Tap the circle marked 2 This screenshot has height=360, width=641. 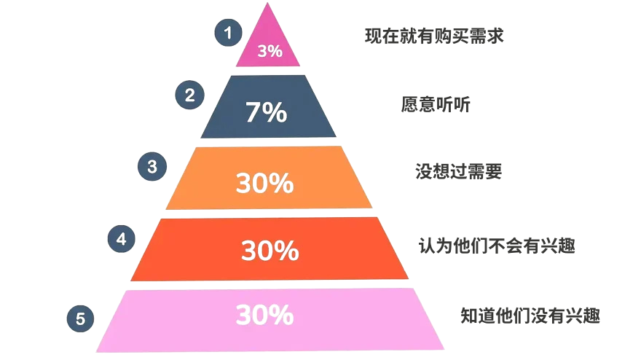190,95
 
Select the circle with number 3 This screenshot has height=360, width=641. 152,166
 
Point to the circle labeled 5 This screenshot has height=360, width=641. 80,318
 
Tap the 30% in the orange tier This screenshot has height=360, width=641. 264,184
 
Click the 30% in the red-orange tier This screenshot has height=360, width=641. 270,251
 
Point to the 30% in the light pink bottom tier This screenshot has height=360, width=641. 264,315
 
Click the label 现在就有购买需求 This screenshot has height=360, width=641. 434,35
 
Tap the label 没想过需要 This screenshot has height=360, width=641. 458,172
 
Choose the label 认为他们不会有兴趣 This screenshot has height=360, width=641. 497,246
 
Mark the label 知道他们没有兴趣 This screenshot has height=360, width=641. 530,316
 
